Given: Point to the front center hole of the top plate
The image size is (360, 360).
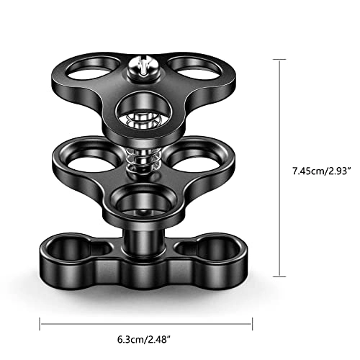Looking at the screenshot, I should click(146, 112).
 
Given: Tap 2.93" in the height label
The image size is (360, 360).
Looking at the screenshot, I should click(334, 171).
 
